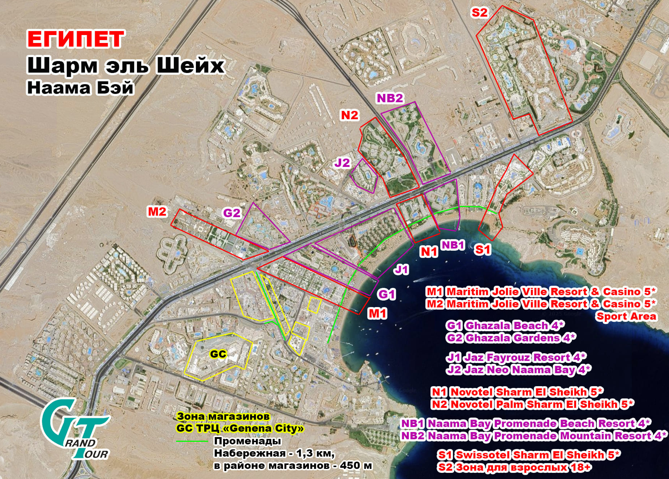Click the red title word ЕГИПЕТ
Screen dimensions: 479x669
point(76,39)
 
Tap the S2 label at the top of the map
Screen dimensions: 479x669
point(479,13)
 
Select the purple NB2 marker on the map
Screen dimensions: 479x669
point(390,98)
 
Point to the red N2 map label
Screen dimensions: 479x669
point(349,115)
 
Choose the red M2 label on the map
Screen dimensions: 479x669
point(157,211)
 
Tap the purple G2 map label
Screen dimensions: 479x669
point(232,213)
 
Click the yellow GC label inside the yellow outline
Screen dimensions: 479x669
point(218,354)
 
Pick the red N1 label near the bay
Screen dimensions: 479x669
point(429,251)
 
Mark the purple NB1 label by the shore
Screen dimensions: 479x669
point(453,245)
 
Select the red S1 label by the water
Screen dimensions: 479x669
point(483,249)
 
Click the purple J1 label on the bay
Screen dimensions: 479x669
point(401,269)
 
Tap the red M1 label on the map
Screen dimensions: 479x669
point(377,313)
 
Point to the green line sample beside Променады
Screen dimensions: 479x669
point(192,441)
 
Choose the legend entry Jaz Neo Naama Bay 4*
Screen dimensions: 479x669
point(519,370)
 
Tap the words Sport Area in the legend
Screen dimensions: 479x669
point(626,316)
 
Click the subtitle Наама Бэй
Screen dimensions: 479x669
point(80,88)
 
